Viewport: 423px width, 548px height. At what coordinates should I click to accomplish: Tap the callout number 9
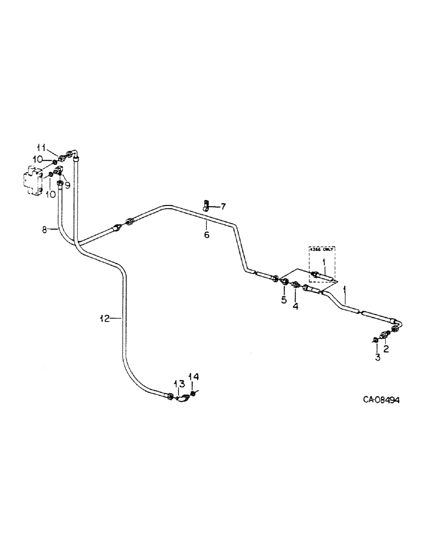[67, 185]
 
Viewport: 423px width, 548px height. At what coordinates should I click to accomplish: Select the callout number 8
[45, 230]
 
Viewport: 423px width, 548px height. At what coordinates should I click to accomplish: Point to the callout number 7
[222, 207]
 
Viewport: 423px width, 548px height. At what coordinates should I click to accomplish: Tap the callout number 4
[295, 306]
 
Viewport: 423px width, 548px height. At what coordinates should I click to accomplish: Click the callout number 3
[377, 358]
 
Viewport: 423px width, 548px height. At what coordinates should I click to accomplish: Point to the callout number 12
[104, 318]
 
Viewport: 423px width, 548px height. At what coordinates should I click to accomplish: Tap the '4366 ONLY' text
[321, 250]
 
